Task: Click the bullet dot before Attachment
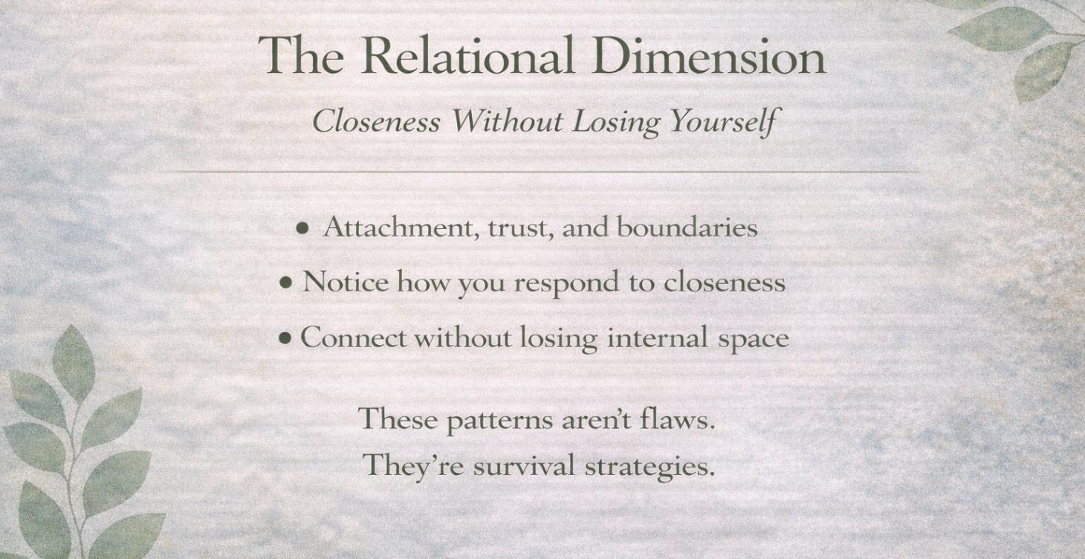[x=302, y=229]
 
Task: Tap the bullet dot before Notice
[x=286, y=283]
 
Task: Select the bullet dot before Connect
[x=285, y=339]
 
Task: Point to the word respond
[x=566, y=283]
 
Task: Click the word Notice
[x=345, y=282]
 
